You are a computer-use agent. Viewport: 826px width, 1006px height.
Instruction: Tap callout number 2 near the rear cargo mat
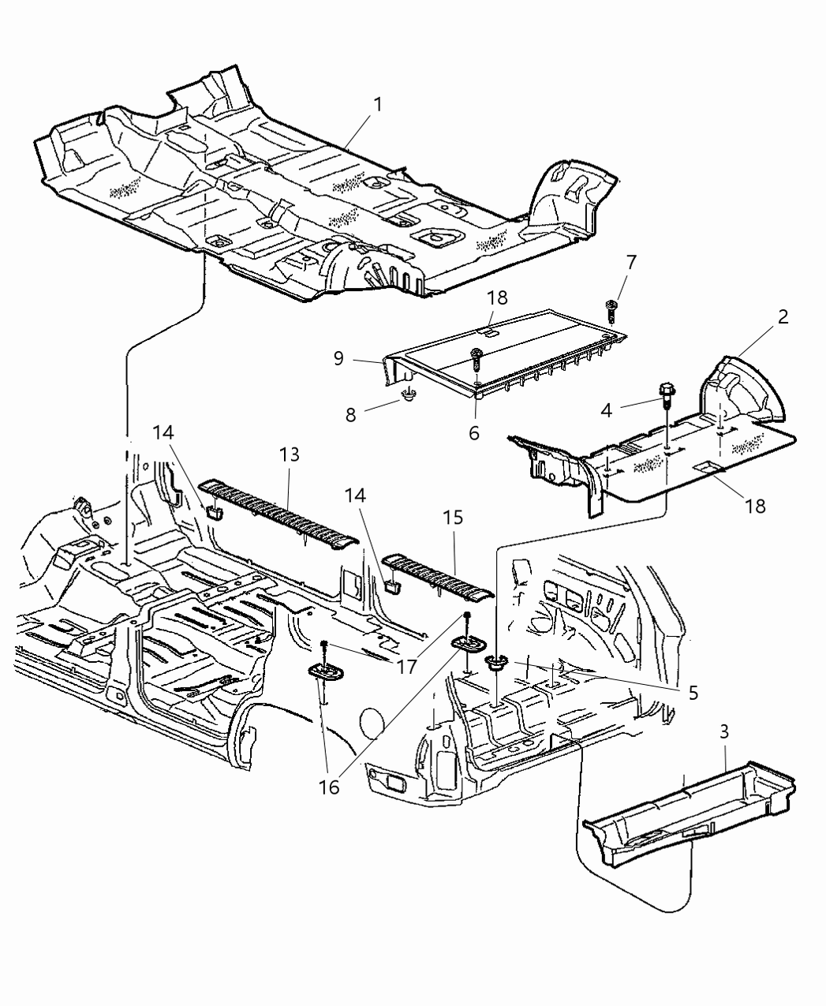783,317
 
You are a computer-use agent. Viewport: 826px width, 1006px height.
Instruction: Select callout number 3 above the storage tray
724,731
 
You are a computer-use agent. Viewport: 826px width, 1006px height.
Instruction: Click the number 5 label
693,693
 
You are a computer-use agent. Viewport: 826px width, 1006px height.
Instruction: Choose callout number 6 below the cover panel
473,433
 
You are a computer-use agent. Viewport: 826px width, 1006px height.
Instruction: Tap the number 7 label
630,261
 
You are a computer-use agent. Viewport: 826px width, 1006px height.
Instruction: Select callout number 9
338,357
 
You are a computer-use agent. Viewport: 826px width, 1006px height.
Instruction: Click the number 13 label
290,454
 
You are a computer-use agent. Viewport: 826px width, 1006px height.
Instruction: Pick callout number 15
455,518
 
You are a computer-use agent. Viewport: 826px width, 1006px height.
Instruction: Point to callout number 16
330,787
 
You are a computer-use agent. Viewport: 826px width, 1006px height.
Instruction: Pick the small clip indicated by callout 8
409,394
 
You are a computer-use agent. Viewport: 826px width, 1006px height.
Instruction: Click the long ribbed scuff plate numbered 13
280,513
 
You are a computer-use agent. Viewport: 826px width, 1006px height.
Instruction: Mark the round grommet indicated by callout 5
496,663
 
